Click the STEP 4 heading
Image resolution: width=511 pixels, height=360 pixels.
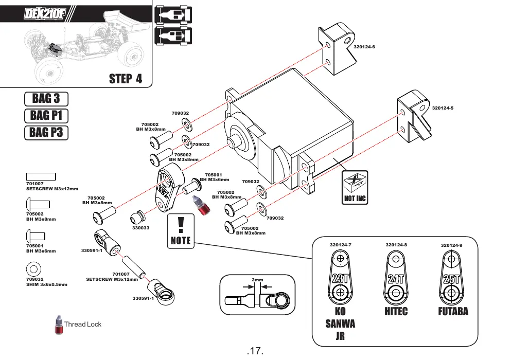(126, 79)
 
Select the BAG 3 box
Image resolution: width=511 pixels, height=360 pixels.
(46, 99)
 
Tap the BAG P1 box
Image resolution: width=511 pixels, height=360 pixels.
(46, 116)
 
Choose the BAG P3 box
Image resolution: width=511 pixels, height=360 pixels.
(46, 133)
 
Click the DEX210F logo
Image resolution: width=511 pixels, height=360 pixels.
(45, 14)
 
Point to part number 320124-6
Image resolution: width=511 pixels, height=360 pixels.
(364, 47)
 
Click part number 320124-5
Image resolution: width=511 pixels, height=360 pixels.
(443, 108)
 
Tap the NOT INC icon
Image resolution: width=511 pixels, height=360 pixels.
(355, 188)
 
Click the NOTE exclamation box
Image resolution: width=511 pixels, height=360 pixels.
(181, 231)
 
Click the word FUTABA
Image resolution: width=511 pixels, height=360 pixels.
(453, 312)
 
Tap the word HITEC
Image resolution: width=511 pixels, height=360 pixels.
(396, 312)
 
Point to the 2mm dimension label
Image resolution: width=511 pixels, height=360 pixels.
(257, 280)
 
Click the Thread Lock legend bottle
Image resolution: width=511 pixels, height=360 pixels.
(59, 325)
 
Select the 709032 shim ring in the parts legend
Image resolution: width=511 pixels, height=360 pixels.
(33, 269)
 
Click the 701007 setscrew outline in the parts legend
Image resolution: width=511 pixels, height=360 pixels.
(41, 176)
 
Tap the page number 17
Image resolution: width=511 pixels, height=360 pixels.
(255, 351)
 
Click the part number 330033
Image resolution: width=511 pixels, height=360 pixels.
(141, 228)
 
